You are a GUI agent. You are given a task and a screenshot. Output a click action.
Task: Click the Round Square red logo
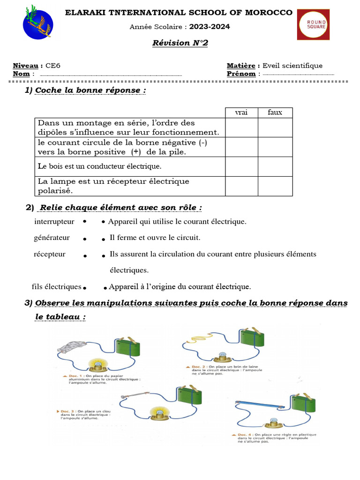313,24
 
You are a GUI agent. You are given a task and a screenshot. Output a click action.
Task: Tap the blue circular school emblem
38,24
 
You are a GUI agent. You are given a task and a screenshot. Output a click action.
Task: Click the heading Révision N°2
180,43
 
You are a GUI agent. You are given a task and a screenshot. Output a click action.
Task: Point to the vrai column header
241,112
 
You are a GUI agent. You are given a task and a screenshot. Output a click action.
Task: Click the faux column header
275,112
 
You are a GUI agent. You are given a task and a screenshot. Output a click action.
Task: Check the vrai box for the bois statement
241,166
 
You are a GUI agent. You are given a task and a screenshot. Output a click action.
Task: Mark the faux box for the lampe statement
275,186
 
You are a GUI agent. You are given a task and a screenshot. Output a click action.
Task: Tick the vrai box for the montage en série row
241,127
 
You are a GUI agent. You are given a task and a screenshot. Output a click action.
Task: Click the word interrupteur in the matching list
54,221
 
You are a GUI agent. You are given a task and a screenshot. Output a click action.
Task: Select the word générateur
52,238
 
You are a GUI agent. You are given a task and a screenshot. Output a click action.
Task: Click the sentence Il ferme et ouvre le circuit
155,238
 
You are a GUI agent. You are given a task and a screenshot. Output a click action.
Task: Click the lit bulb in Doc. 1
98,364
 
